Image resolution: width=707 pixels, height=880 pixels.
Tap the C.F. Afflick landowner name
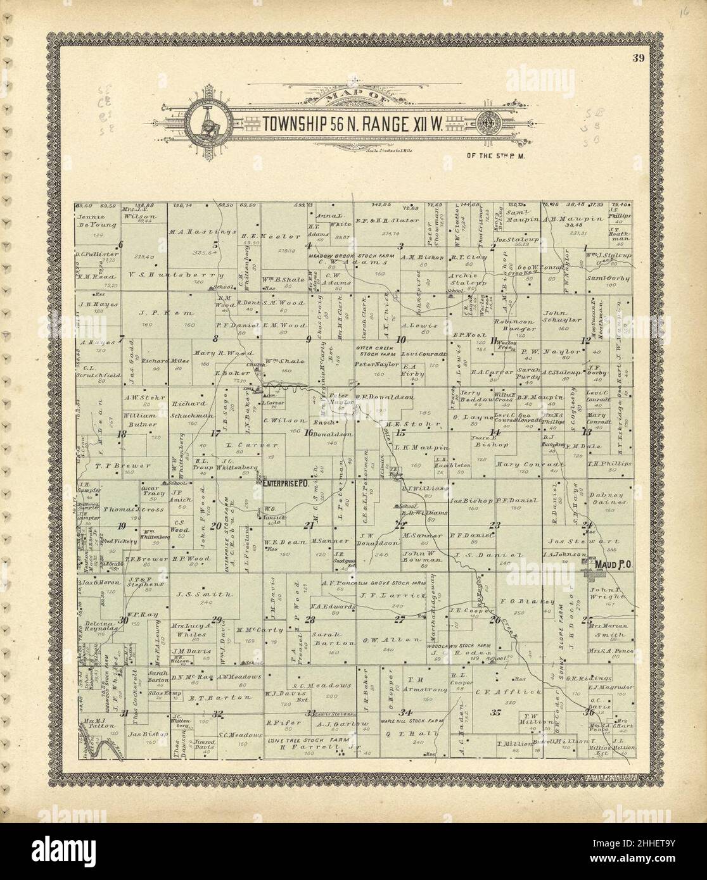(x=507, y=693)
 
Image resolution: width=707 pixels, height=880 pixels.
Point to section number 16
(x=309, y=433)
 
